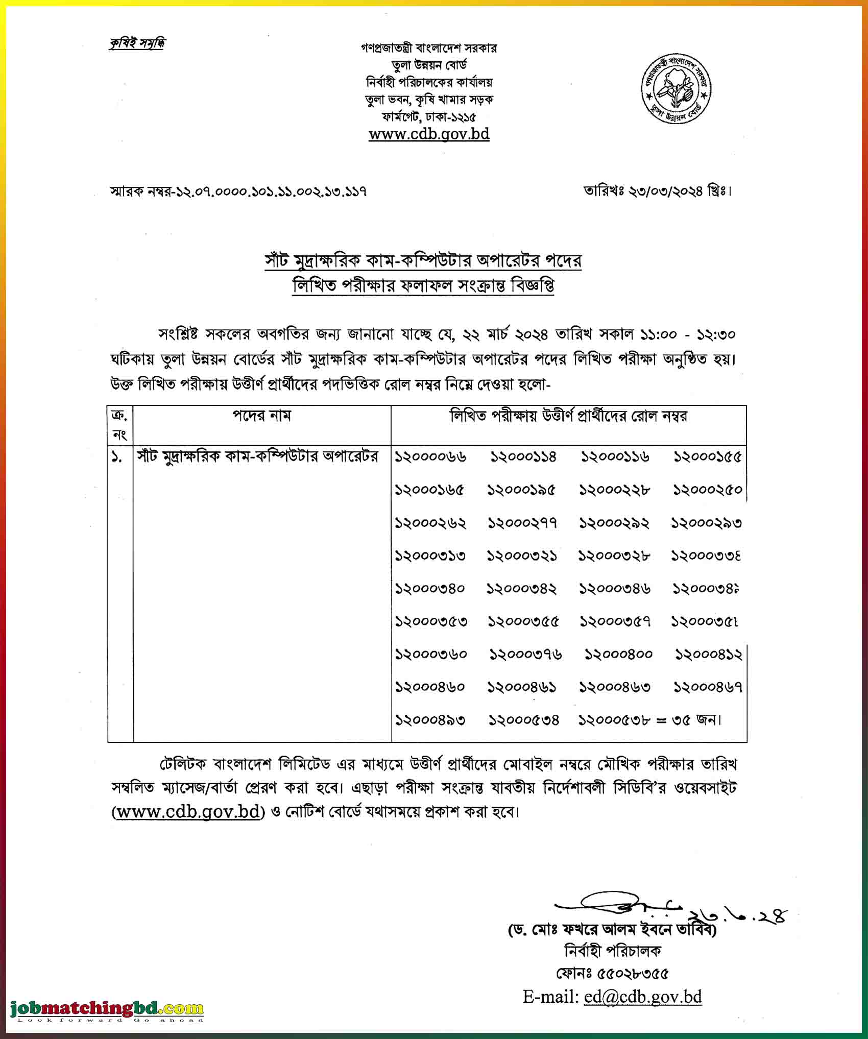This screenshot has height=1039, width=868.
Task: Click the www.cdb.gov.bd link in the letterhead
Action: click(429, 134)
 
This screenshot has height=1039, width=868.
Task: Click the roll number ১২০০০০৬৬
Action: click(430, 456)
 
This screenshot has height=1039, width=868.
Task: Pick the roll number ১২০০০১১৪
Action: click(523, 456)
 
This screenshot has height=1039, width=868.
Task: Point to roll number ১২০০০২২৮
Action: click(614, 490)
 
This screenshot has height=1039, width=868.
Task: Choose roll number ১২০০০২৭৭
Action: click(522, 523)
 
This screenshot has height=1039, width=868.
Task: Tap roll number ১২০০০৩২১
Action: click(522, 556)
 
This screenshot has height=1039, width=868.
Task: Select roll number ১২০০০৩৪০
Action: click(430, 589)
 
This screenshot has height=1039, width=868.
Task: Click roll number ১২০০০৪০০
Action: click(618, 655)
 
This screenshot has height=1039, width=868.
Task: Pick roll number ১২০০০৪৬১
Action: click(522, 688)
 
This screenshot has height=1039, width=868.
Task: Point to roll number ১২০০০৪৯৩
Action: click(430, 720)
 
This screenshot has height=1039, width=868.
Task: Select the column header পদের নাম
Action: click(262, 416)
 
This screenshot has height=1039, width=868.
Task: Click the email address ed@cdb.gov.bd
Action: click(643, 997)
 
